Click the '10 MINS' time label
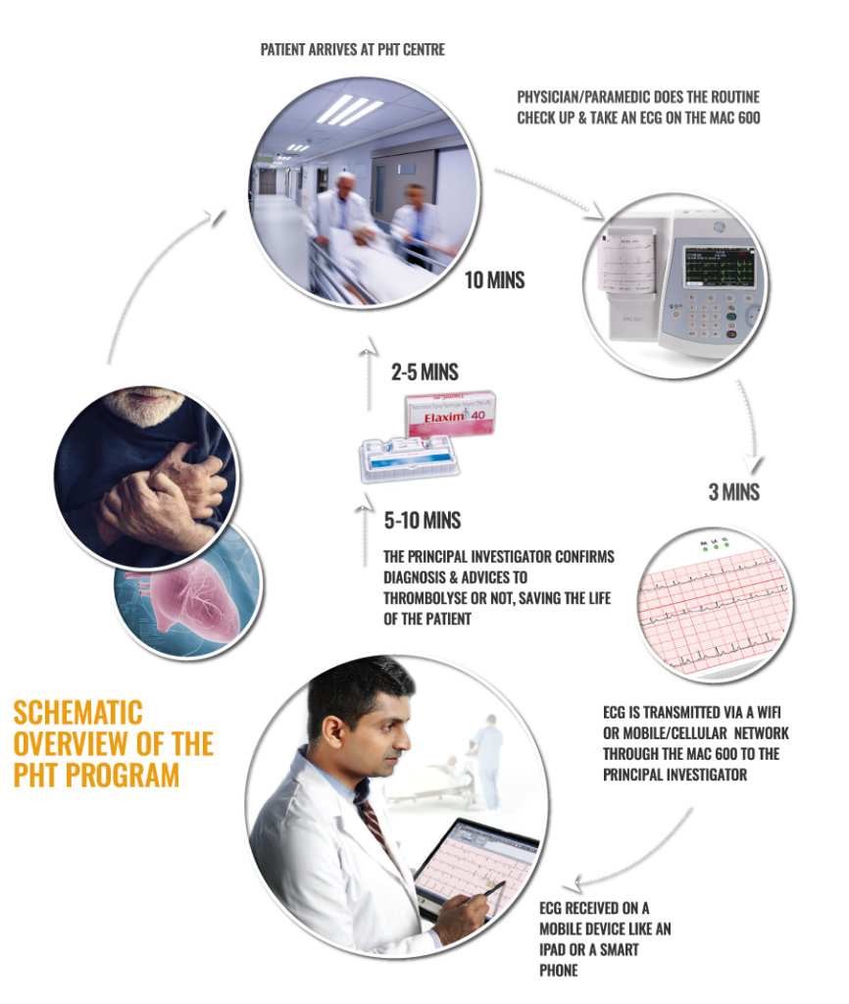[494, 280]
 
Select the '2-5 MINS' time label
[424, 373]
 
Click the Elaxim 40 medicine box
[450, 416]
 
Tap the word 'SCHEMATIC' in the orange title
[77, 712]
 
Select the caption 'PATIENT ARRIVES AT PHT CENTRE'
[353, 50]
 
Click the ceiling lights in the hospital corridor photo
[348, 109]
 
